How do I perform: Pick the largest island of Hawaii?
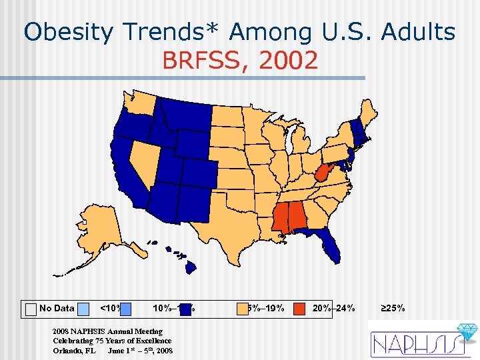click(191, 267)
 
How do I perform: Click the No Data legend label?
click(57, 308)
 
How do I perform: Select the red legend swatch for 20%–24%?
click(301, 308)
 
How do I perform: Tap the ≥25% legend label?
click(393, 308)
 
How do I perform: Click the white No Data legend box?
click(31, 309)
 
